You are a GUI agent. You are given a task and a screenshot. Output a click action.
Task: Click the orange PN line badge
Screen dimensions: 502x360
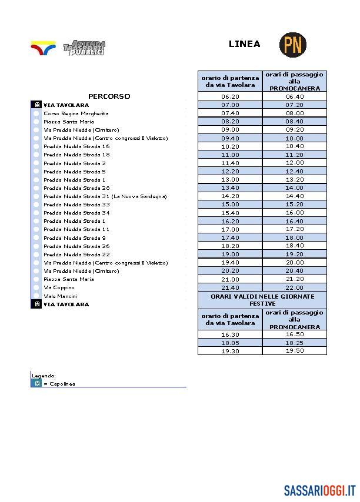tap(292, 45)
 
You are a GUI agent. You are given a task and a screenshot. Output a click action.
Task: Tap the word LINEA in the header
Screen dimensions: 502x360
tap(244, 44)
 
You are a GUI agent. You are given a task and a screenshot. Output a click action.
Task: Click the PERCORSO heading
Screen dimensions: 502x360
tap(109, 96)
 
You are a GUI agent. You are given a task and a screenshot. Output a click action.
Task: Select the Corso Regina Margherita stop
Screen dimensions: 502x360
tap(68, 113)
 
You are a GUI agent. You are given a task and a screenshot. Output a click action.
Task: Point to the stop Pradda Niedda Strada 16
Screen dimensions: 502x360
tap(76, 146)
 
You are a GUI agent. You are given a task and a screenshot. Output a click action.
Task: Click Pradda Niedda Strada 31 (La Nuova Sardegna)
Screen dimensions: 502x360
tap(105, 196)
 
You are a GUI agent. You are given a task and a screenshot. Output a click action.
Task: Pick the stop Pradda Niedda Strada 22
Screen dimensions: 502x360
tap(76, 255)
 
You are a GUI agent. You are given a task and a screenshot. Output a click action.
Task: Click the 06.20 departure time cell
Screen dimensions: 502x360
tap(230, 96)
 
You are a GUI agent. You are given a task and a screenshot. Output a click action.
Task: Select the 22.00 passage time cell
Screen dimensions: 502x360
tap(294, 287)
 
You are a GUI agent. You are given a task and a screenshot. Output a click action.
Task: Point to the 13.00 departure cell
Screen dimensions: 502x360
tap(230, 180)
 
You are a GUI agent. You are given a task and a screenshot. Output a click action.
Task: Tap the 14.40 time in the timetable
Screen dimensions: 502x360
tap(294, 196)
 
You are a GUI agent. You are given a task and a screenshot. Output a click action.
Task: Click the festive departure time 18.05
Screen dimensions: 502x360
tap(230, 342)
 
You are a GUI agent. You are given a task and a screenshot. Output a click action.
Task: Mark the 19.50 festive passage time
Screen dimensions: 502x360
tap(294, 350)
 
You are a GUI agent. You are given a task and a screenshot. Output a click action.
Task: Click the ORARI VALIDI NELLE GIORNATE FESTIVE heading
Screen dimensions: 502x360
tap(262, 300)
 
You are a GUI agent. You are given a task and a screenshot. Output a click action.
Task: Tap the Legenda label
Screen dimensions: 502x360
tap(44, 375)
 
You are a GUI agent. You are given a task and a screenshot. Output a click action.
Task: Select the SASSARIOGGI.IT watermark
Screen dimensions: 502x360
tap(320, 490)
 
